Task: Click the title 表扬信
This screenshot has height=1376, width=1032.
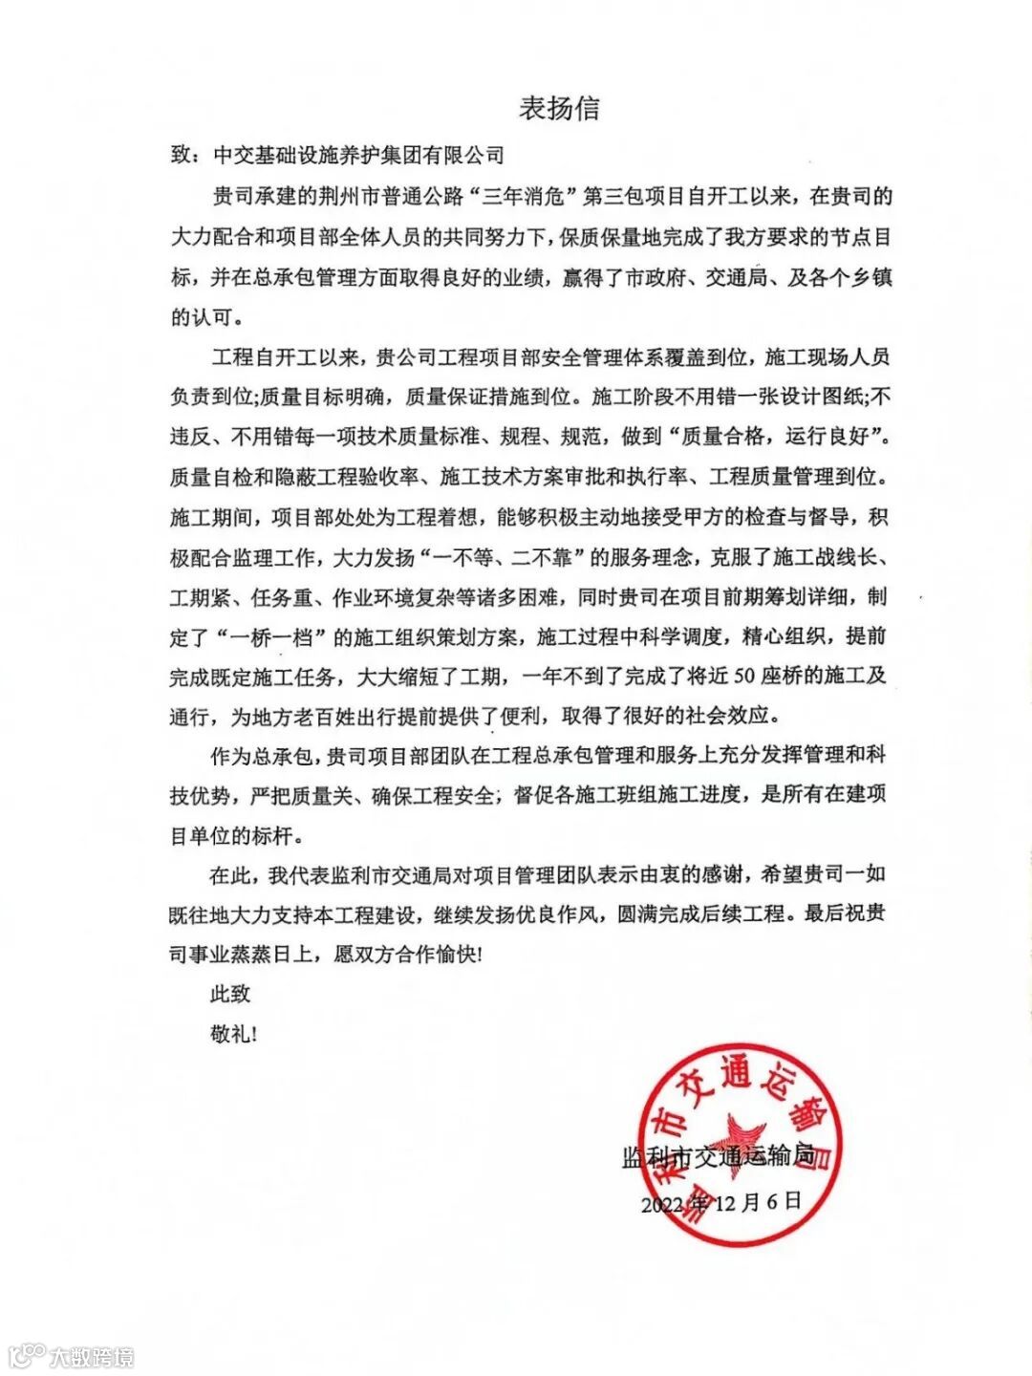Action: point(559,108)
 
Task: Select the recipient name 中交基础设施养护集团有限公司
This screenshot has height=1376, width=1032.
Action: point(358,155)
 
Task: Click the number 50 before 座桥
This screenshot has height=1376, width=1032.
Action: point(744,676)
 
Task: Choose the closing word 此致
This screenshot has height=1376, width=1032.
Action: point(230,994)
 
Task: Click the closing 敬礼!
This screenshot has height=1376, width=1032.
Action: point(234,1034)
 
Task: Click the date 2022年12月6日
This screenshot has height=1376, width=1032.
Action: point(721,1202)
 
